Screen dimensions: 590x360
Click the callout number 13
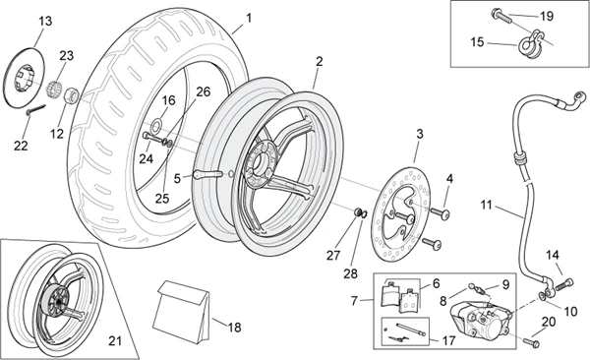pyautogui.click(x=45, y=22)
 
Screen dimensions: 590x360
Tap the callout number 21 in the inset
pyautogui.click(x=115, y=341)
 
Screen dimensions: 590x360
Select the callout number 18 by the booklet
pyautogui.click(x=234, y=328)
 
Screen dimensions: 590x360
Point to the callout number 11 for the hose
pyautogui.click(x=486, y=206)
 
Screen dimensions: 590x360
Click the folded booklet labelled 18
pyautogui.click(x=182, y=312)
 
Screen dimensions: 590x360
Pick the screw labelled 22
pyautogui.click(x=36, y=109)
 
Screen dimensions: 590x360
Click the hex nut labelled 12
pyautogui.click(x=72, y=95)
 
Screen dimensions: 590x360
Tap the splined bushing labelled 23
pyautogui.click(x=53, y=88)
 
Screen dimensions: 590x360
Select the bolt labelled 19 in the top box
pyautogui.click(x=501, y=16)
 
